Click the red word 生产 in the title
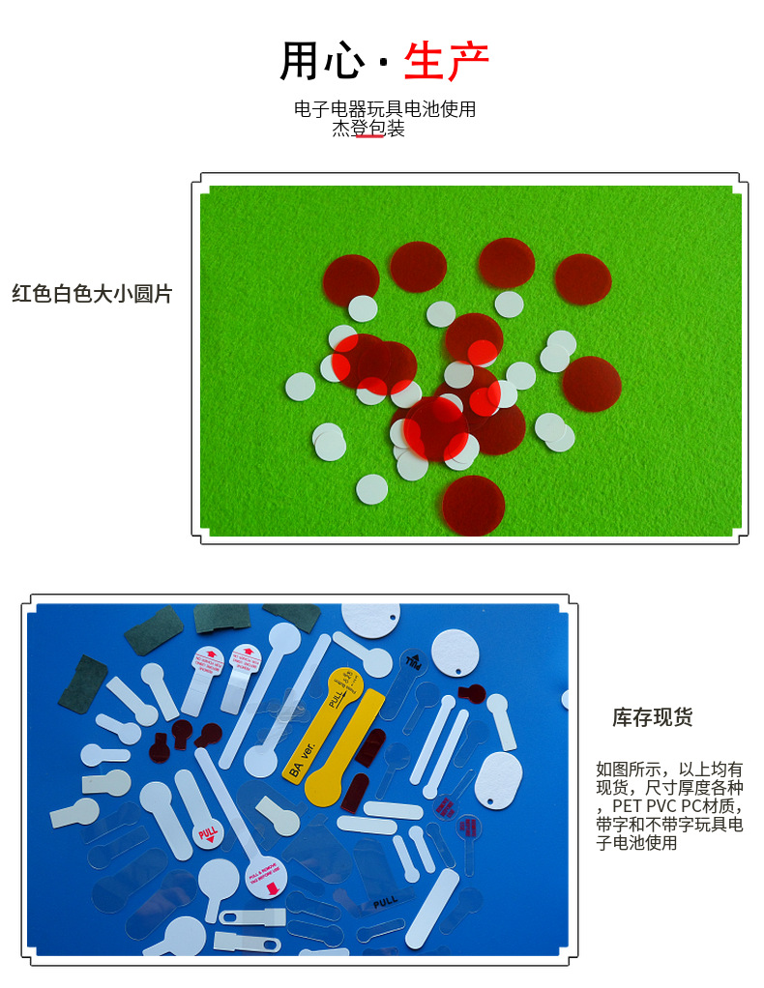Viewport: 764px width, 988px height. [x=446, y=61]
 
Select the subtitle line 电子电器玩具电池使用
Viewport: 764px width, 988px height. [x=385, y=109]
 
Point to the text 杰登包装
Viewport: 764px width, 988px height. [x=368, y=129]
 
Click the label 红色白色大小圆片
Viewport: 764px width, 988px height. [x=92, y=294]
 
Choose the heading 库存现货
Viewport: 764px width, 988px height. [x=652, y=717]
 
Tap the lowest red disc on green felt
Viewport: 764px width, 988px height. [x=474, y=504]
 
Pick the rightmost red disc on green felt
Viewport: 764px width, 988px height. [x=591, y=383]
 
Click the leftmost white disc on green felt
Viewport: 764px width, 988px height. [x=300, y=387]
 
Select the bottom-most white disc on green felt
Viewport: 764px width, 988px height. [x=371, y=489]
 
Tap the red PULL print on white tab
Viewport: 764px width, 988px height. [x=207, y=832]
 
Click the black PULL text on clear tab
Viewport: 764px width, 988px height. [x=386, y=901]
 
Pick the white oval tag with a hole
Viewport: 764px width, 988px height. [x=498, y=779]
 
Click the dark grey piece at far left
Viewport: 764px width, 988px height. [x=84, y=682]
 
